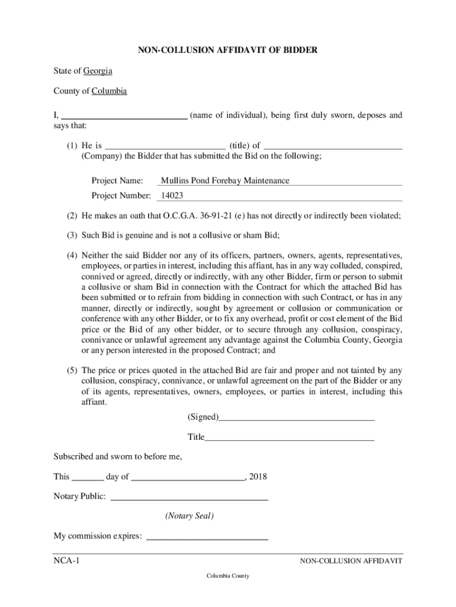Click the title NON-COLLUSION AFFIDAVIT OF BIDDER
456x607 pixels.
click(x=228, y=51)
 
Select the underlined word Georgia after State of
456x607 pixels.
click(x=98, y=71)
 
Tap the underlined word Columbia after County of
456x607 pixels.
click(x=108, y=91)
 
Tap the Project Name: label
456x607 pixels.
click(x=117, y=181)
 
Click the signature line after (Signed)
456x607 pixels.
click(x=296, y=418)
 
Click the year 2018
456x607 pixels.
click(x=259, y=477)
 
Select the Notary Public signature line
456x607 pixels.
click(x=190, y=499)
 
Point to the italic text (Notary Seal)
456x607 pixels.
click(x=190, y=516)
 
